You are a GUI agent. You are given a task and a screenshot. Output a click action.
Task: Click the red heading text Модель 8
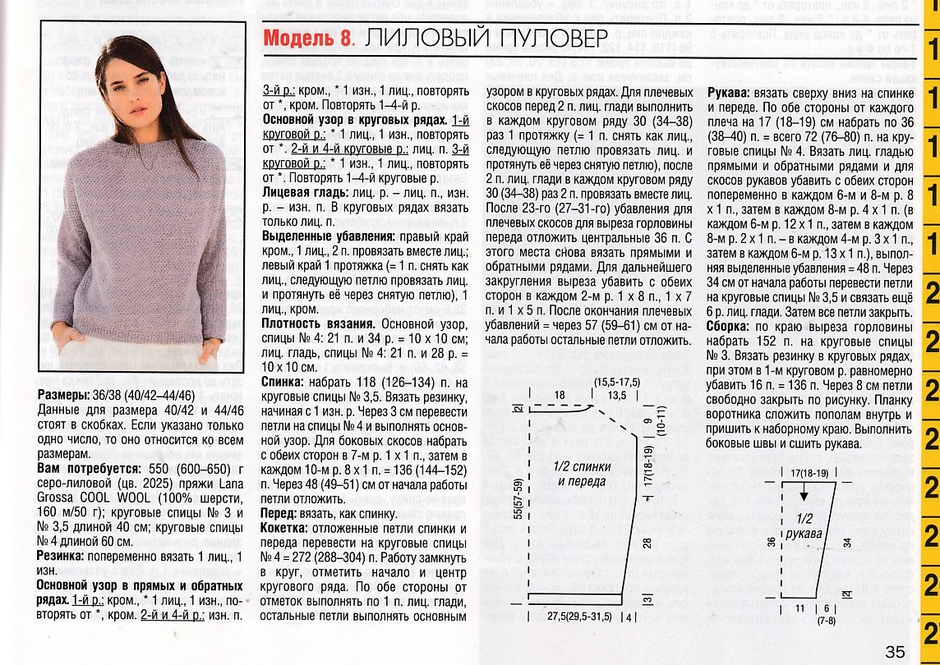[x=308, y=39]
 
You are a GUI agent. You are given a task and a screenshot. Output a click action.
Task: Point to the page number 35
[x=895, y=651]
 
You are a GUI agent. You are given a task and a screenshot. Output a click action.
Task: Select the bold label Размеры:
[x=65, y=396]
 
